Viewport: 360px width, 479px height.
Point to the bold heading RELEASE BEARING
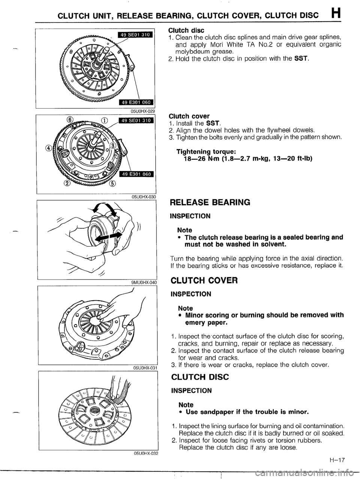click(x=210, y=203)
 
